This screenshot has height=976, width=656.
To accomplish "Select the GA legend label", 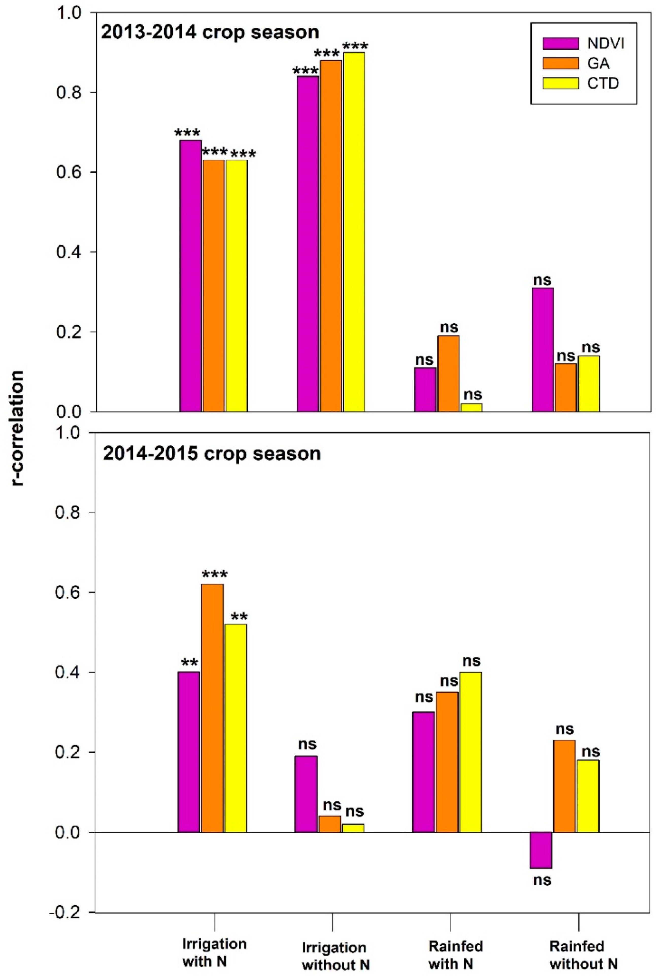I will [x=598, y=64].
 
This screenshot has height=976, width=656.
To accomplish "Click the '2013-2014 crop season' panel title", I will [x=210, y=32].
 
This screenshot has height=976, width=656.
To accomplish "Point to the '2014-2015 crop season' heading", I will [x=212, y=453].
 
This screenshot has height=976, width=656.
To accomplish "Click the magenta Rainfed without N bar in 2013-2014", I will [x=543, y=350].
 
